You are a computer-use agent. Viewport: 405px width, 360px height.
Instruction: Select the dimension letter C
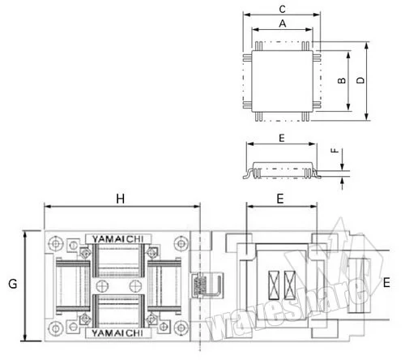281,9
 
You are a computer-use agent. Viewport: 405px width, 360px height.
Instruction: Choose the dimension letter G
11,284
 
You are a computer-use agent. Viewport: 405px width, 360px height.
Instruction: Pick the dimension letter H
121,199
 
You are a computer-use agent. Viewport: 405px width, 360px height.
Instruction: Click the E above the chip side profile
281,139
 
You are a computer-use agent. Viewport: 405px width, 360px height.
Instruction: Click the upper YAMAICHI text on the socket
113,238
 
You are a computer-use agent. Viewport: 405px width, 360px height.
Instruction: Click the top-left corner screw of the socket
54,242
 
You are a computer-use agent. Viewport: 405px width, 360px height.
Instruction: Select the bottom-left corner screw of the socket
54,328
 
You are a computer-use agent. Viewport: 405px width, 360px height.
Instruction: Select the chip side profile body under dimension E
281,169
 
